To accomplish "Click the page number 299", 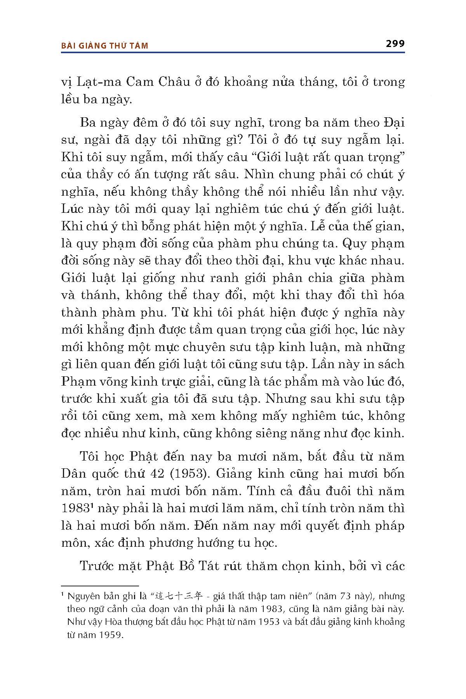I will [395, 43].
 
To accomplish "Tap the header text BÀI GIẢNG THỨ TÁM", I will [104, 46].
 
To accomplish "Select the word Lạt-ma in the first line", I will [100, 82].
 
